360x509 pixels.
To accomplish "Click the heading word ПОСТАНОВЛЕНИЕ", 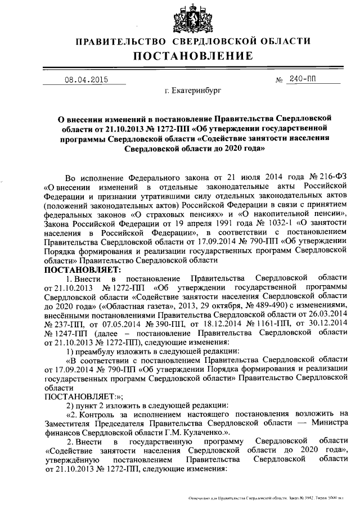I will pos(193,56).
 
